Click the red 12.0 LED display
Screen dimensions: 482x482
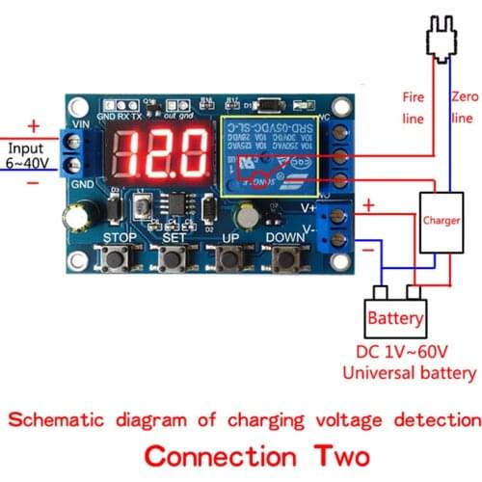[162, 152]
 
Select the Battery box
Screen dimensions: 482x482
[395, 316]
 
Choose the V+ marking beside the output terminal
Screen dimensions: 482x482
[309, 205]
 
